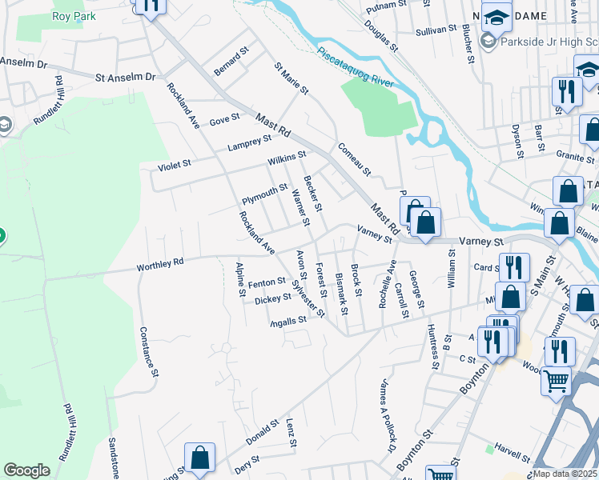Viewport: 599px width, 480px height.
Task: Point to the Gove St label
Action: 224,118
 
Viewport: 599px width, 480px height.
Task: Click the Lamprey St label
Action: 248,143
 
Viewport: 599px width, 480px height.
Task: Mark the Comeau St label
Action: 354,159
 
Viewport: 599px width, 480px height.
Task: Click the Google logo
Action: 26,470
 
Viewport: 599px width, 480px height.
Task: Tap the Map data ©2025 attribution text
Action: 565,474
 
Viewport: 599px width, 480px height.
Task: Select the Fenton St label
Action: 267,282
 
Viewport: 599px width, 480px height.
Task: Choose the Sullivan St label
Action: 436,31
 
